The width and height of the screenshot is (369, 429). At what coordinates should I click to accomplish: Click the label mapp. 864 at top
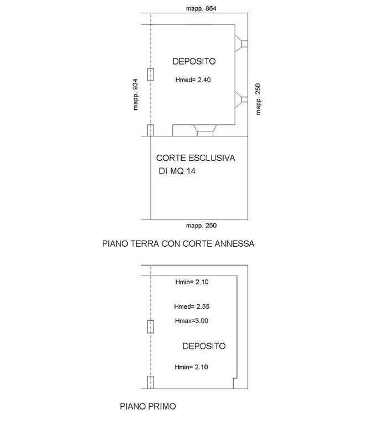pyautogui.click(x=201, y=8)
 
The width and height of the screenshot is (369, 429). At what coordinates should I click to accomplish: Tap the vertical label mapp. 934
pyautogui.click(x=135, y=94)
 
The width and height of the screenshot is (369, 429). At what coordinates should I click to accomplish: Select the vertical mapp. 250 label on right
pyautogui.click(x=258, y=99)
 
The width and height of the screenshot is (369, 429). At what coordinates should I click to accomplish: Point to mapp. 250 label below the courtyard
pyautogui.click(x=201, y=226)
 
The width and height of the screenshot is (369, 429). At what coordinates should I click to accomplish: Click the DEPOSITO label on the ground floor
pyautogui.click(x=194, y=61)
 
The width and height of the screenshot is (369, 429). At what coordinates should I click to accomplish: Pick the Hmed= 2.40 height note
pyautogui.click(x=193, y=80)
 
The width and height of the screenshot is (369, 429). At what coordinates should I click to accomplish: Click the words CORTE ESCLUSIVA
pyautogui.click(x=196, y=158)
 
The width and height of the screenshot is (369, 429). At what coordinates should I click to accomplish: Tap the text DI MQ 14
pyautogui.click(x=177, y=171)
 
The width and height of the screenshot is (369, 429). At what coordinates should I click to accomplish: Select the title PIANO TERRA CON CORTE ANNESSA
pyautogui.click(x=178, y=243)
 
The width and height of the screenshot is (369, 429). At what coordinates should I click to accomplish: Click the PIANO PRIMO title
pyautogui.click(x=148, y=406)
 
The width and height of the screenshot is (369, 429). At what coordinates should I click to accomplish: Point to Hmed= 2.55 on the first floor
pyautogui.click(x=192, y=306)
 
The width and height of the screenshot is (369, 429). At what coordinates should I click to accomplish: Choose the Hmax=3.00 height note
pyautogui.click(x=192, y=321)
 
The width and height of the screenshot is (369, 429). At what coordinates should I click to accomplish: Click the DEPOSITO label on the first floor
pyautogui.click(x=204, y=346)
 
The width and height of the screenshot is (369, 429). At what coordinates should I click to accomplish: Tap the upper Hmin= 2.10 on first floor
pyautogui.click(x=192, y=282)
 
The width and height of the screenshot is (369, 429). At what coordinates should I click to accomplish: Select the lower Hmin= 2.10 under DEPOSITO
pyautogui.click(x=191, y=367)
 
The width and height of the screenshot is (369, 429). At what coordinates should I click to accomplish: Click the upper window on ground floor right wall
pyautogui.click(x=241, y=44)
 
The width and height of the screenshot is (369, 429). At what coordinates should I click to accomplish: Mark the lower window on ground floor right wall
pyautogui.click(x=241, y=99)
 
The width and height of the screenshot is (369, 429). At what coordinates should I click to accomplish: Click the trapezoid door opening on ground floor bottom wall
pyautogui.click(x=205, y=130)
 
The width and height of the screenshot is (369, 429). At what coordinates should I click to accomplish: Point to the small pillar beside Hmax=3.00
pyautogui.click(x=151, y=327)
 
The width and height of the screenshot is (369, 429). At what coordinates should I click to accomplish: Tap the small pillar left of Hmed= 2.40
pyautogui.click(x=151, y=75)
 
